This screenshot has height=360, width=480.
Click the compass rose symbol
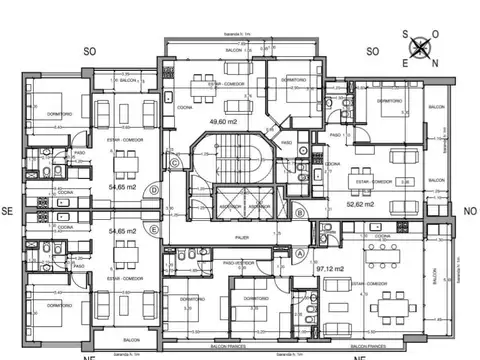pyautogui.click(x=422, y=45)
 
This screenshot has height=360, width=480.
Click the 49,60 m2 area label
pyautogui.click(x=223, y=122)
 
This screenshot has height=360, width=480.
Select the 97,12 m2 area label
pyautogui.click(x=322, y=268)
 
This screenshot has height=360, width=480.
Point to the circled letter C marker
pyautogui.click(x=174, y=163)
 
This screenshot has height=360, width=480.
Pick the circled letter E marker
pyautogui.click(x=153, y=228)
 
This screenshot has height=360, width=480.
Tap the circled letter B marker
pyautogui.click(x=300, y=212)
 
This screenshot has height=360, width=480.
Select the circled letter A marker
pyautogui.click(x=300, y=253)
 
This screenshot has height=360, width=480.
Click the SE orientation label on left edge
pyautogui.click(x=7, y=211)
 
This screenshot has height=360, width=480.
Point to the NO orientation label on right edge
pyautogui.click(x=470, y=211)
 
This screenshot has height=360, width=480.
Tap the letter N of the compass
pyautogui.click(x=422, y=62)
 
